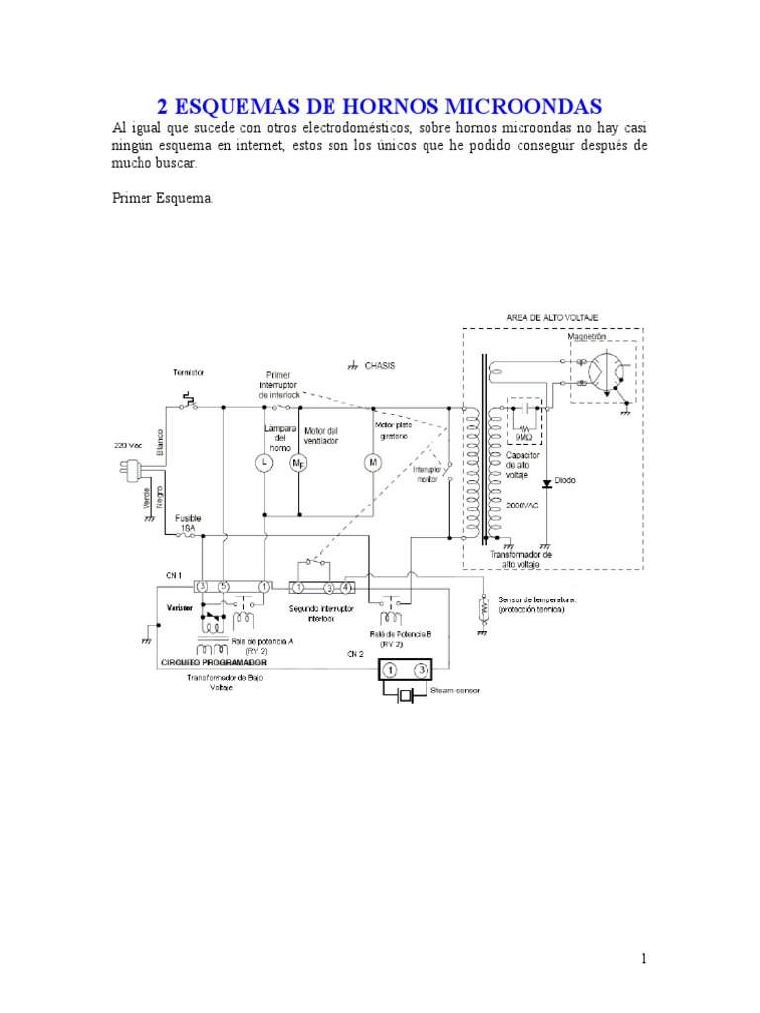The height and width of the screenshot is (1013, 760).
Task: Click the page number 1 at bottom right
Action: click(643, 958)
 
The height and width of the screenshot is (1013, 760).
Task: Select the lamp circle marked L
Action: click(265, 462)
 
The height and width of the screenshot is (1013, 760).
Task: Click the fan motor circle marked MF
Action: click(298, 462)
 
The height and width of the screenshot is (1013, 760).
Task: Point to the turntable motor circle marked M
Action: click(373, 462)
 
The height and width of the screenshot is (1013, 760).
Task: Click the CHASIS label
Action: click(378, 365)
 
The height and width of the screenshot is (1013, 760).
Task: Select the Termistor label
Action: click(188, 372)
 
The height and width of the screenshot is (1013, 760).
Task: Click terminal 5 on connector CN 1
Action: click(223, 587)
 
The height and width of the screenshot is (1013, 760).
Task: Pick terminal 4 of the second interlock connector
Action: click(346, 587)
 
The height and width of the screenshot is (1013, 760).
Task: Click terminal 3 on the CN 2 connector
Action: click(423, 670)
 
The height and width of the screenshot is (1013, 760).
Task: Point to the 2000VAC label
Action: click(522, 504)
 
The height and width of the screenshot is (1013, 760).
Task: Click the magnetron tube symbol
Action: click(606, 372)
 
